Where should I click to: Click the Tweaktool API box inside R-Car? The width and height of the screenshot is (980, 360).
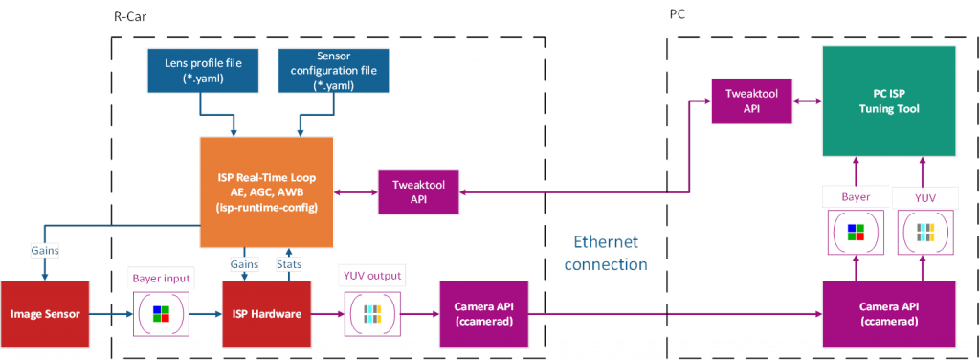click(419, 192)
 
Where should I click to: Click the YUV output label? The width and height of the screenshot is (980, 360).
click(372, 277)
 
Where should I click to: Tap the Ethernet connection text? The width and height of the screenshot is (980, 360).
click(605, 253)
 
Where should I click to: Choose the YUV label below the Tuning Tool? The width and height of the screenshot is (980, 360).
click(924, 195)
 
